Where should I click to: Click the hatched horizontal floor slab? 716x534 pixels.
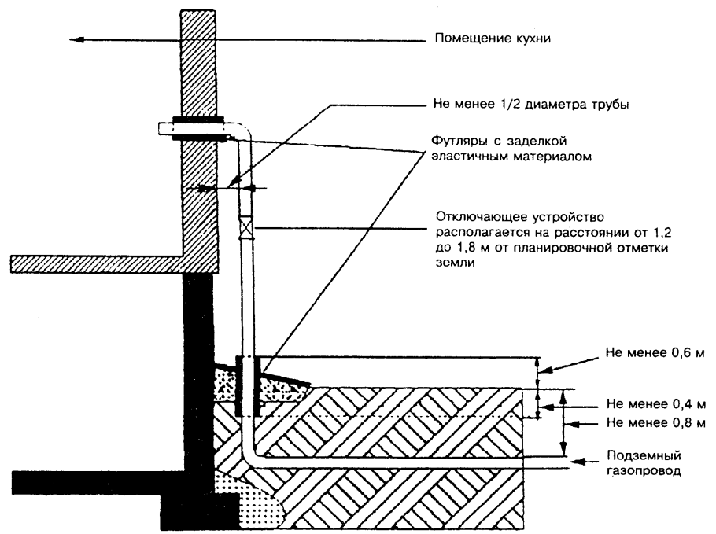94,263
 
